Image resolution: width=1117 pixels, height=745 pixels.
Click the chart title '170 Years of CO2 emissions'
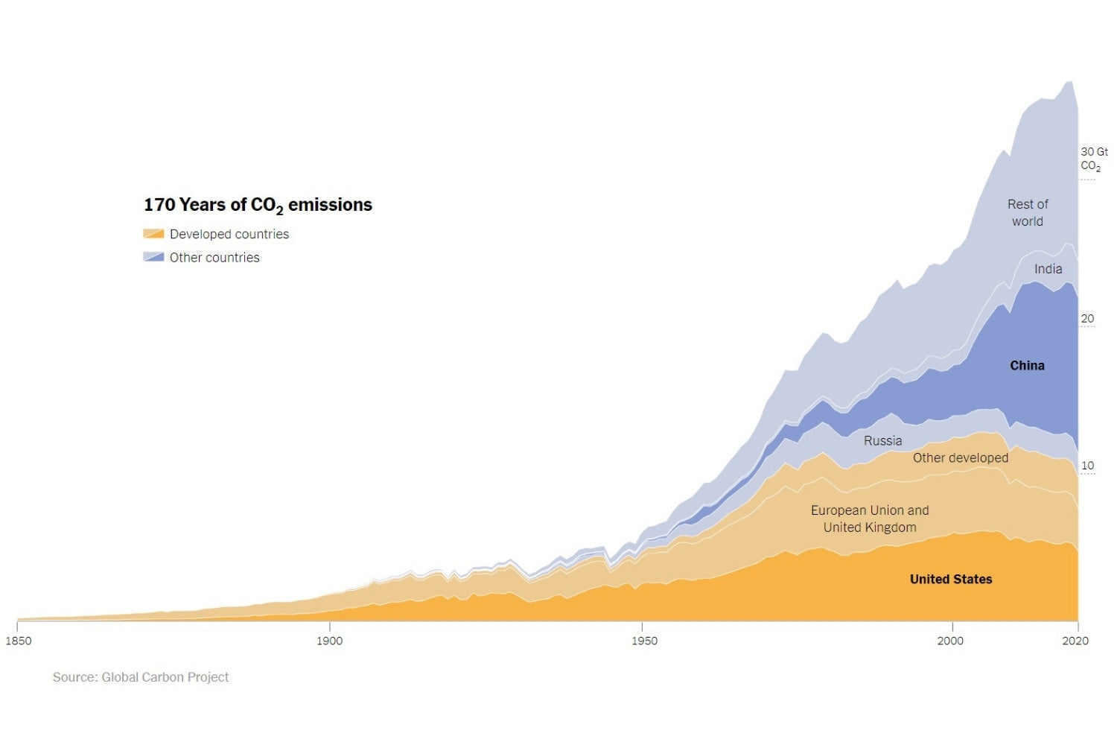258,205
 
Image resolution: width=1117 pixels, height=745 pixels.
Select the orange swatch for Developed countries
153,234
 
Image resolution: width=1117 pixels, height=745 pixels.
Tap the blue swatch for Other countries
153,257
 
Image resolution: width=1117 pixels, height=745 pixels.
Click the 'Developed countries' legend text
229,234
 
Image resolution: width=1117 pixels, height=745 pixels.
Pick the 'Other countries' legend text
214,258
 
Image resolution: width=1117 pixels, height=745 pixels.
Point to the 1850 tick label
19,641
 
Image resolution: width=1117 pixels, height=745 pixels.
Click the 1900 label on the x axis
329,641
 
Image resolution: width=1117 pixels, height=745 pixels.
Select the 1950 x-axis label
645,641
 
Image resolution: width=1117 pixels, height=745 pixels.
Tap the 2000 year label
950,641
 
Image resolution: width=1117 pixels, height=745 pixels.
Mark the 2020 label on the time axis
1075,641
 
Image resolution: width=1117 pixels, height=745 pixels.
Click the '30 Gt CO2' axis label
1093,159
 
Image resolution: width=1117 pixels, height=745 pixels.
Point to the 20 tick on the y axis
1088,319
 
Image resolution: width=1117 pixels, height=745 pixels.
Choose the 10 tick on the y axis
1088,466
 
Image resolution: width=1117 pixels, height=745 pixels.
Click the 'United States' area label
951,580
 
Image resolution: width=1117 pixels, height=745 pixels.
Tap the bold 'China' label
1027,366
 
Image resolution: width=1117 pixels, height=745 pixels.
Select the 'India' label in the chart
1048,269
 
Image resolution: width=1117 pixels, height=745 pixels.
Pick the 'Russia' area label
882,441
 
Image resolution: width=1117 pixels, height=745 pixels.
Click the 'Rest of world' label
1028,213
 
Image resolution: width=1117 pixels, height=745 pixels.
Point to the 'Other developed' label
961,458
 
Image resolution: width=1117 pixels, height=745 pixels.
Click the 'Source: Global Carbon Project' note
141,677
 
